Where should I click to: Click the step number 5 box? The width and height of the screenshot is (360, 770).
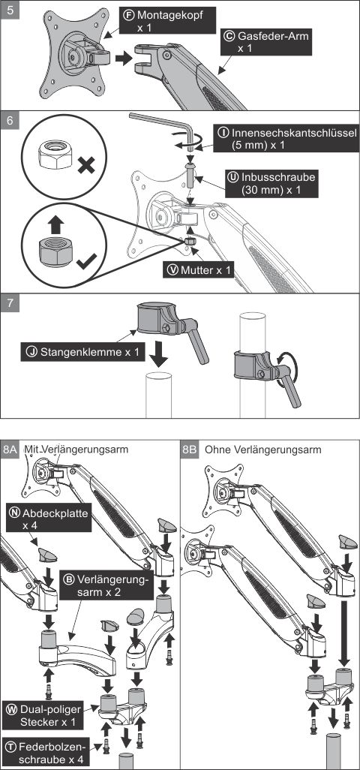pyautogui.click(x=10, y=10)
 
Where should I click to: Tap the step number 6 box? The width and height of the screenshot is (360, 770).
pyautogui.click(x=10, y=121)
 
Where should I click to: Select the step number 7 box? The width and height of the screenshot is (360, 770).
pyautogui.click(x=10, y=303)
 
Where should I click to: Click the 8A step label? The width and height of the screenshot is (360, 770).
pyautogui.click(x=10, y=450)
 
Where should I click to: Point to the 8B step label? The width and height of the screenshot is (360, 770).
pyautogui.click(x=190, y=450)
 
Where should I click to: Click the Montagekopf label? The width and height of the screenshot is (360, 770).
pyautogui.click(x=163, y=21)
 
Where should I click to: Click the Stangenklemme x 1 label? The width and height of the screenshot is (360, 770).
pyautogui.click(x=83, y=352)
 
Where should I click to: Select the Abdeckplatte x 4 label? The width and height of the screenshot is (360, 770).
pyautogui.click(x=49, y=519)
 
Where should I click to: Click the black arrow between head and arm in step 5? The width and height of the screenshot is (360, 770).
pyautogui.click(x=124, y=59)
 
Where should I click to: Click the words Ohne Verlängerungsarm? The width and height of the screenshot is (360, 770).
pyautogui.click(x=263, y=450)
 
